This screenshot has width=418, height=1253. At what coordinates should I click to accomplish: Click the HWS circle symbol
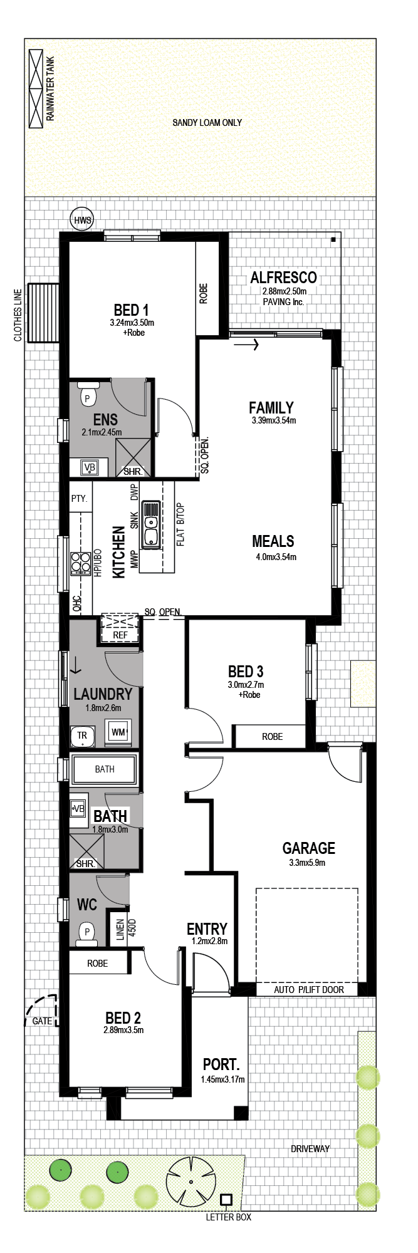tap(82, 219)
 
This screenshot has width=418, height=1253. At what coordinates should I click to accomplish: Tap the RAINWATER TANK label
tap(51, 89)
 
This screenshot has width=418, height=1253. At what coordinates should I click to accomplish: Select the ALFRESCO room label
tap(283, 278)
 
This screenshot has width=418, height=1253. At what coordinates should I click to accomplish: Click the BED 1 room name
tap(131, 310)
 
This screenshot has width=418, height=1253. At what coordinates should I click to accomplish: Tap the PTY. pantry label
tap(80, 499)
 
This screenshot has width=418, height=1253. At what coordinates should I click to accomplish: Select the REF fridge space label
tap(120, 635)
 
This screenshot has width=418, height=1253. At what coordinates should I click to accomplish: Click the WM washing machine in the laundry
tap(118, 732)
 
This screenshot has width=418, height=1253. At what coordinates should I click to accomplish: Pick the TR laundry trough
tap(82, 736)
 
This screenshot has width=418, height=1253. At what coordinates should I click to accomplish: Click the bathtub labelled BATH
tap(104, 769)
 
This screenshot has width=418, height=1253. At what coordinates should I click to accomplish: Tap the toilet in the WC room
tap(87, 933)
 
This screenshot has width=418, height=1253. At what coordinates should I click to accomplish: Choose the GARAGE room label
tap(308, 848)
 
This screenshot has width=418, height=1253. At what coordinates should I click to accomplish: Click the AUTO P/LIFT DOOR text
tap(309, 990)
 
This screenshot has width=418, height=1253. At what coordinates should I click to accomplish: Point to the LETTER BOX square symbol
tap(226, 1200)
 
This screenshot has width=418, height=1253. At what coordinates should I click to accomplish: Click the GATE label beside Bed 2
tap(42, 1021)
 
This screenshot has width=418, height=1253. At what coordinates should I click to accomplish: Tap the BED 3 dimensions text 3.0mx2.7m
tap(246, 685)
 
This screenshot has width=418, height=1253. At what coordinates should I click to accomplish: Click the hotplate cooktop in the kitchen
tap(80, 563)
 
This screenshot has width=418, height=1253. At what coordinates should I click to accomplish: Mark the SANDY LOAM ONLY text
tap(207, 123)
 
